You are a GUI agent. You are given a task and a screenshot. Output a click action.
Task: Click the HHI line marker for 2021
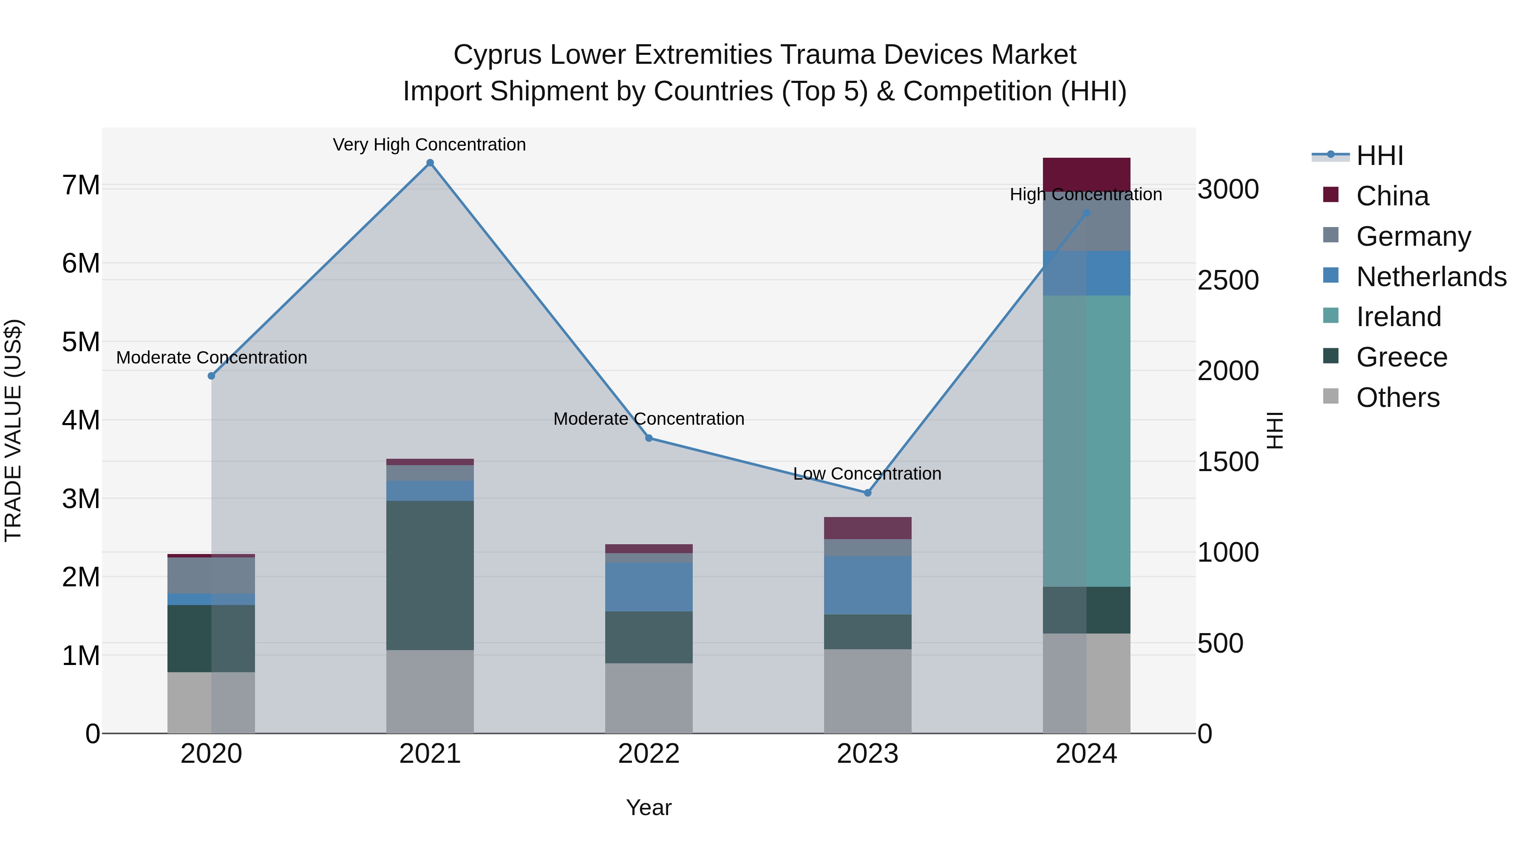(430, 163)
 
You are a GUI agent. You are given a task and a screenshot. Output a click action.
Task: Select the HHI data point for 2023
(867, 493)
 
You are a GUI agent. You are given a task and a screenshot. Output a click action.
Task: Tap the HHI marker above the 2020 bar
(212, 375)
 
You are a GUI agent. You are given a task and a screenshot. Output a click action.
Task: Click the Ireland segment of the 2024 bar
(1086, 440)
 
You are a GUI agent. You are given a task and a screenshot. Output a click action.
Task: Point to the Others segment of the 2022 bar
(649, 698)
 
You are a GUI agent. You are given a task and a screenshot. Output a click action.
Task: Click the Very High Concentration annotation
(429, 145)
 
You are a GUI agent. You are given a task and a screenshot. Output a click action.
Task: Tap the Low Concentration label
(867, 474)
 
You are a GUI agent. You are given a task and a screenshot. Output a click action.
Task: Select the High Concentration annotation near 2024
(1086, 194)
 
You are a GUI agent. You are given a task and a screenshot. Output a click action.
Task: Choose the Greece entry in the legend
(1401, 357)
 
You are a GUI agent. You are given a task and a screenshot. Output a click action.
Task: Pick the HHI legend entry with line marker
(1379, 156)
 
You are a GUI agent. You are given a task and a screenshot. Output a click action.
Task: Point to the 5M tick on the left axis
(81, 342)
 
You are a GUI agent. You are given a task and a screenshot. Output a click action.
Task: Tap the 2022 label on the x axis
(649, 754)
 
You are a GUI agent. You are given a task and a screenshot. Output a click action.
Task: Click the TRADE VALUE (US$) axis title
(13, 430)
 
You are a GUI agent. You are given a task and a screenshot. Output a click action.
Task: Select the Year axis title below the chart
(649, 807)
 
